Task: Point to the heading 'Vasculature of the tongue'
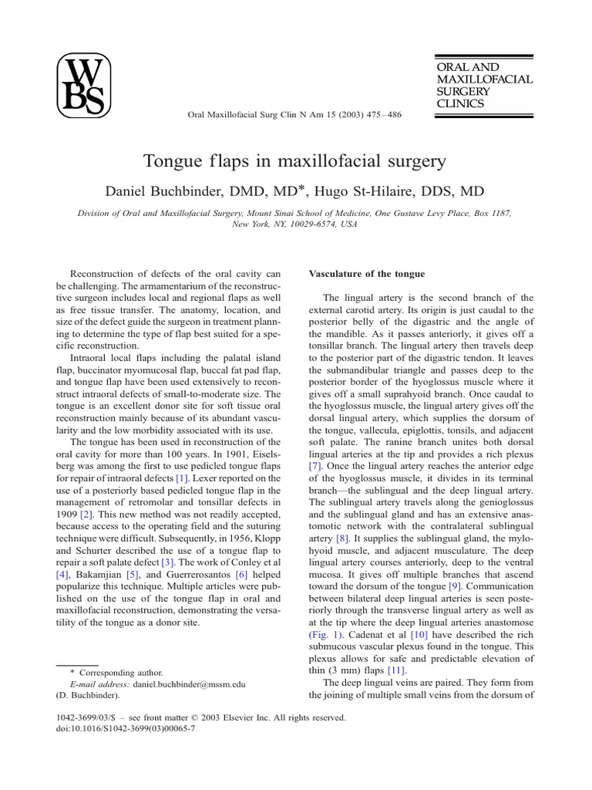pyautogui.click(x=366, y=274)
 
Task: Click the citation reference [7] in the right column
pyautogui.click(x=314, y=467)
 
